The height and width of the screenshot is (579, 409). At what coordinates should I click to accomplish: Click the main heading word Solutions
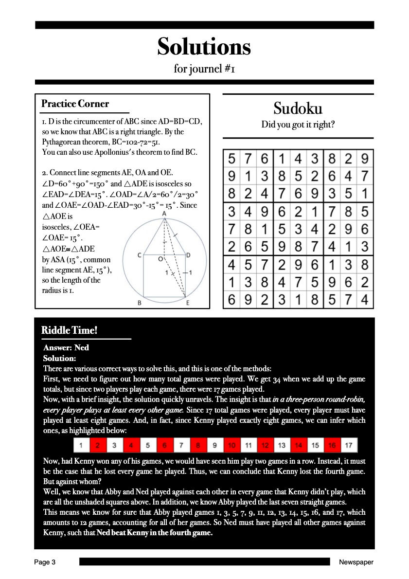pos(204,47)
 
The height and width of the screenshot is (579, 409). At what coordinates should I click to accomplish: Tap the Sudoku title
pos(298,108)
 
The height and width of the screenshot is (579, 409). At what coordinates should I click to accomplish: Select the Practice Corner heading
pos(75,104)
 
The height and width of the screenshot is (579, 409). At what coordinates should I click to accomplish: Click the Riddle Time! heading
pos(70,330)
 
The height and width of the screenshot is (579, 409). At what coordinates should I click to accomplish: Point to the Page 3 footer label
pos(45,562)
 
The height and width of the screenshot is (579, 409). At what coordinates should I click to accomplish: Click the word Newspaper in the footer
pos(356,562)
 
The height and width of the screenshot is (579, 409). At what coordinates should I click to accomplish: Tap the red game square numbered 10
pos(231,445)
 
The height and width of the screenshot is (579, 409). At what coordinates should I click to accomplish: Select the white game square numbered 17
pos(348,445)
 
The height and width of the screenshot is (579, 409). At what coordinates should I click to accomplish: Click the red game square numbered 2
pos(98,445)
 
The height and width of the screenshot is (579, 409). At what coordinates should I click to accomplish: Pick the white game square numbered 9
pos(214,445)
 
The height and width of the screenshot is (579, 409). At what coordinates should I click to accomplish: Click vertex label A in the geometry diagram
pos(164,214)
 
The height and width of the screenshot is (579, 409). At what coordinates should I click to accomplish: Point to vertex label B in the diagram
pos(140,303)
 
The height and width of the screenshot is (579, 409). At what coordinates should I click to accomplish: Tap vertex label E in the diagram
pos(188,303)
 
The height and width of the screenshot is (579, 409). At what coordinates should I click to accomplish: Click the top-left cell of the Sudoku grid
pos(231,158)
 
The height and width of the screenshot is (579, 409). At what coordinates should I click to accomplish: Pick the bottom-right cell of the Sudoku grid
pos(365,300)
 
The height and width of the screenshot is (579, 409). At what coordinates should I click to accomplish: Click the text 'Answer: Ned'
pos(66,347)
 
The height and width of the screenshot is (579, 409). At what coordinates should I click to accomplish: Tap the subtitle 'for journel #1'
pos(205,69)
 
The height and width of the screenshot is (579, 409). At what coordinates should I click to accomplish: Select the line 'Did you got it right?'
pos(298,125)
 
